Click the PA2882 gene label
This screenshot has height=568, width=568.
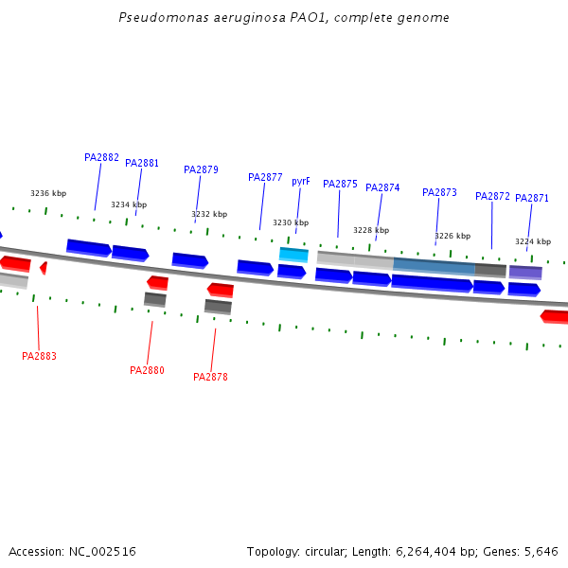101,157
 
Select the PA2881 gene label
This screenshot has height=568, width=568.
142,163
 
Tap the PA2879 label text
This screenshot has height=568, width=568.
201,169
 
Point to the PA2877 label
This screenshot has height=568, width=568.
265,177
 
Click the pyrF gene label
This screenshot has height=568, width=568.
300,181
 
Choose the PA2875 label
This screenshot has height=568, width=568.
340,184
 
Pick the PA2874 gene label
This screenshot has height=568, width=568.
382,187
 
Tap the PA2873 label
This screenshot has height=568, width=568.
439,192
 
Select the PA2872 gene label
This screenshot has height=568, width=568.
492,196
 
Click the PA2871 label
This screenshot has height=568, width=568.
532,198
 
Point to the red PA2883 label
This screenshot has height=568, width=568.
39,356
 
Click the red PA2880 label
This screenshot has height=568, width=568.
147,370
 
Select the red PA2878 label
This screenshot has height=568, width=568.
210,377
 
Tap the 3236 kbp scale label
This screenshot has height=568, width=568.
48,193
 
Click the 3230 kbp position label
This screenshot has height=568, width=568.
291,222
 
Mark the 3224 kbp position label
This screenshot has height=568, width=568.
533,241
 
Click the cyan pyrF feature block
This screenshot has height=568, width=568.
293,254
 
